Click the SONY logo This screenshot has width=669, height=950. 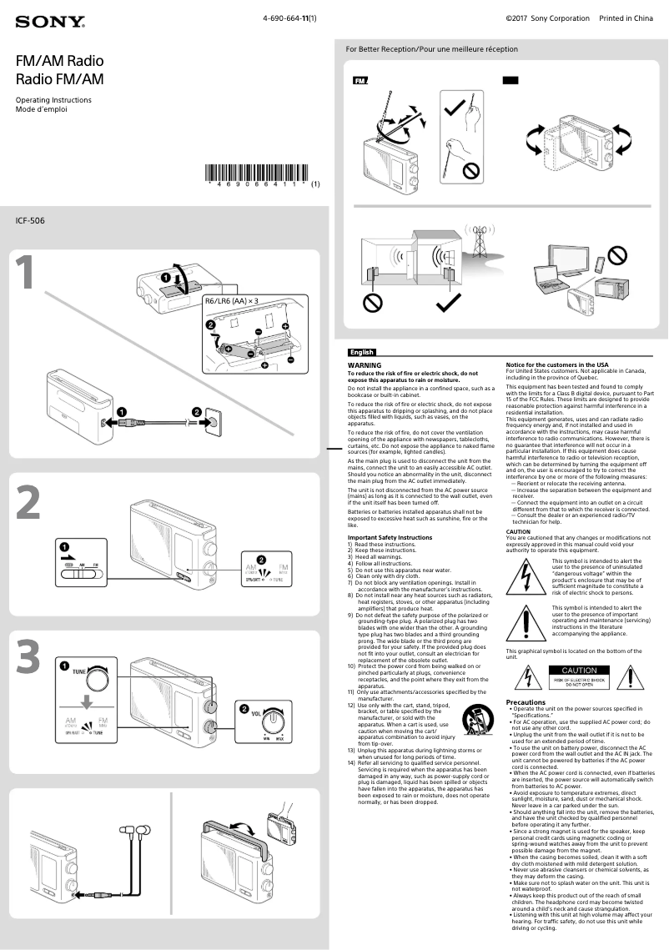point(49,21)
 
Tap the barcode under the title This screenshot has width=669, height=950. point(258,176)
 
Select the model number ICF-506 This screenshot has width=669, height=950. point(30,221)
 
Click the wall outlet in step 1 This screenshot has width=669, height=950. point(214,421)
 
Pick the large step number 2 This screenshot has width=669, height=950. point(28,504)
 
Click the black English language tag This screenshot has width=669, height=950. point(361,353)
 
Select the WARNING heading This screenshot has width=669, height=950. point(364,365)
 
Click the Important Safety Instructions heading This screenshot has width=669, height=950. point(390,538)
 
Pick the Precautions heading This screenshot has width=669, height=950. point(526,702)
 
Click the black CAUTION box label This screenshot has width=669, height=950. point(579,671)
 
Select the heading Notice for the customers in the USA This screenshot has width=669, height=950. point(557,365)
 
